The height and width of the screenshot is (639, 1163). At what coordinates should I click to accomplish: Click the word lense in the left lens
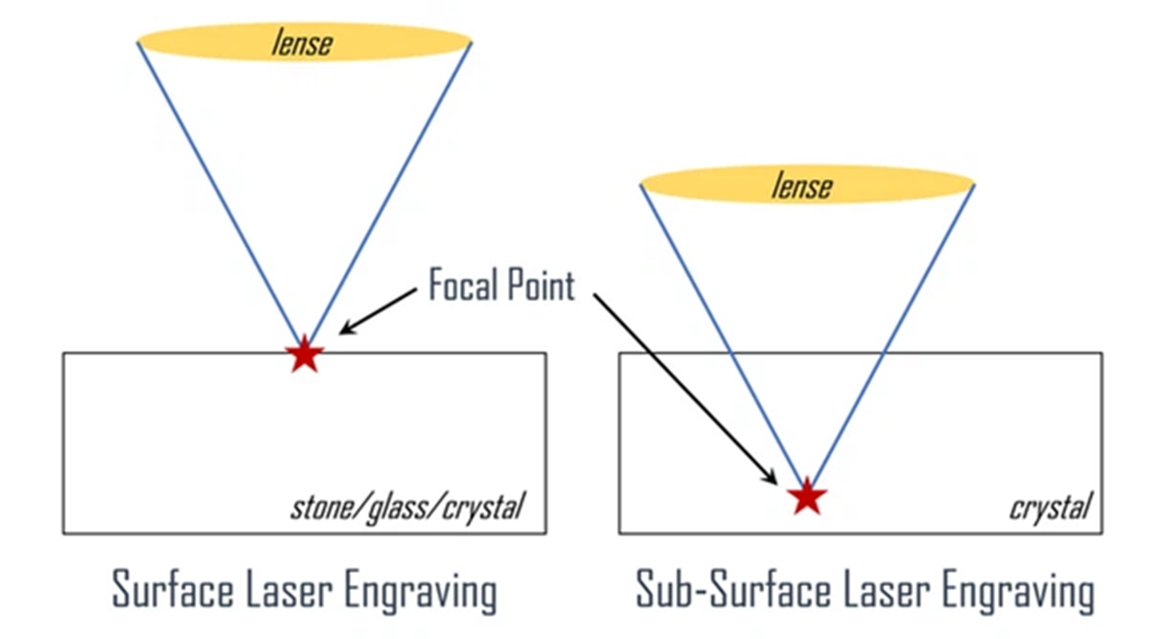click(301, 43)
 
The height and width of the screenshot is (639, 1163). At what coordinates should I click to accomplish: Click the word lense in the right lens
click(801, 185)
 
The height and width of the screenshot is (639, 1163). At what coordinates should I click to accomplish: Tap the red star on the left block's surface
click(304, 355)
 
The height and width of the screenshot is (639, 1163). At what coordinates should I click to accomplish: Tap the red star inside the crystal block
click(807, 496)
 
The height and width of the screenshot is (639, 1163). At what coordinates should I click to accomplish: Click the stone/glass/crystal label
click(407, 507)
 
